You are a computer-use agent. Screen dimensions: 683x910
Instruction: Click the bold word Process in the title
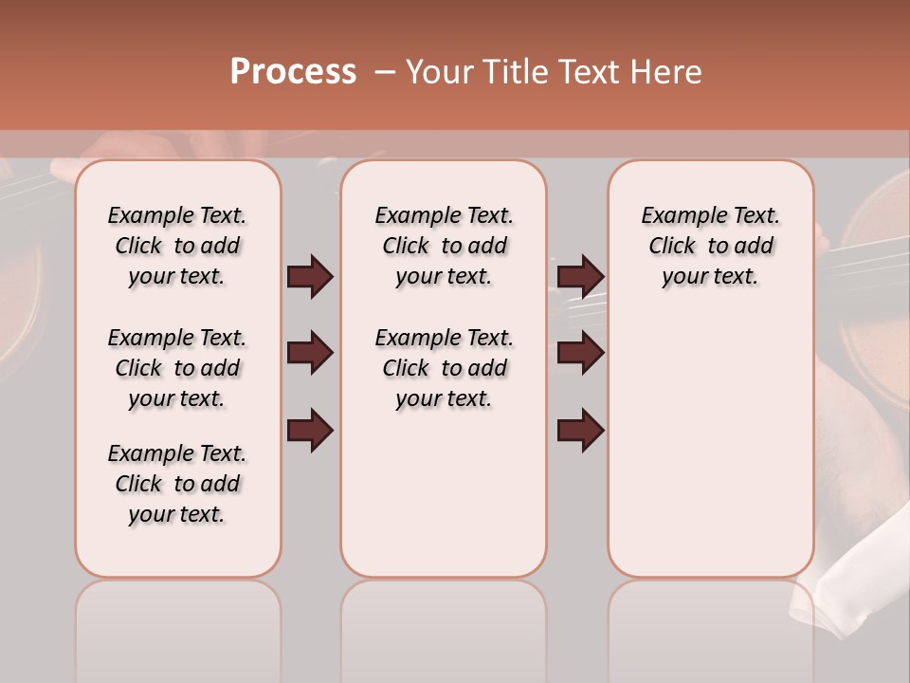pyautogui.click(x=292, y=72)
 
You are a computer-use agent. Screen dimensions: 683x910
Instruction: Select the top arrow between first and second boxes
pyautogui.click(x=310, y=277)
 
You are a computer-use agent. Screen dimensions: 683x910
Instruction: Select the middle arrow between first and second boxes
pyautogui.click(x=310, y=354)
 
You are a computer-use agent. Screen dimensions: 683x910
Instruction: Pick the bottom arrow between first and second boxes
pyautogui.click(x=310, y=430)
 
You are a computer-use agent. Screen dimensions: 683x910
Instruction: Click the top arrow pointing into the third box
pyautogui.click(x=580, y=277)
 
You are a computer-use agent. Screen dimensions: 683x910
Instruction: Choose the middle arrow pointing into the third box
pyautogui.click(x=580, y=354)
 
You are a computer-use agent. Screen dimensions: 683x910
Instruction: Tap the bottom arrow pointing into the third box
pyautogui.click(x=580, y=430)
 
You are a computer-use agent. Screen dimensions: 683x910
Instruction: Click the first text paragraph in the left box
pyautogui.click(x=177, y=246)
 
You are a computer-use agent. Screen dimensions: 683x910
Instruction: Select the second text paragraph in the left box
pyautogui.click(x=177, y=368)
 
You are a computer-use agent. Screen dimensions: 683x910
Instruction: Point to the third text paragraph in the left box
pyautogui.click(x=177, y=484)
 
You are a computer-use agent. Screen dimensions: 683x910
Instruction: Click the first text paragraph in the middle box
pyautogui.click(x=444, y=246)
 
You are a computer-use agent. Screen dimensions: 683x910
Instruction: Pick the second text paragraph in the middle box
pyautogui.click(x=444, y=368)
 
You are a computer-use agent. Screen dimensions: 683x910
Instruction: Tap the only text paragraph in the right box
pyautogui.click(x=710, y=246)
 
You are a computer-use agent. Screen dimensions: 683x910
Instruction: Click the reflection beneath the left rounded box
pyautogui.click(x=178, y=626)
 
